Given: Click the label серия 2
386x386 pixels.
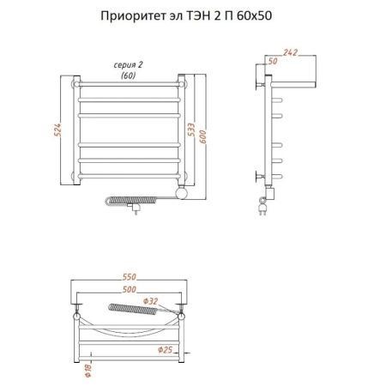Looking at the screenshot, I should [x=128, y=65].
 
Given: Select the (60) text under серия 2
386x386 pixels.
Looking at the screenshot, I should [x=128, y=75].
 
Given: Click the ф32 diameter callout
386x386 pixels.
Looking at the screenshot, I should [x=152, y=301].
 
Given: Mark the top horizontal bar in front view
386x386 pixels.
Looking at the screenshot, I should [x=129, y=87].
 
